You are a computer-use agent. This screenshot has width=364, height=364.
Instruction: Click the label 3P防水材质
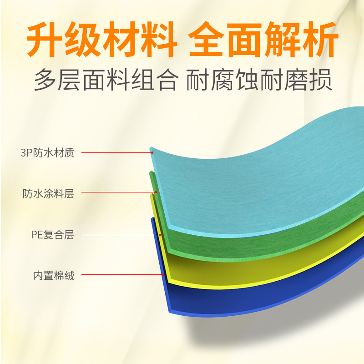47,153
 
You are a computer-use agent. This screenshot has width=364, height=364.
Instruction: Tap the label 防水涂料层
48,193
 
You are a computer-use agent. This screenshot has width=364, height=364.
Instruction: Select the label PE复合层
52,235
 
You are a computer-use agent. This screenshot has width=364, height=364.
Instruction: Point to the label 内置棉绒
54,275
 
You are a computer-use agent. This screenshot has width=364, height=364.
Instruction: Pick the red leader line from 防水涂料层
118,192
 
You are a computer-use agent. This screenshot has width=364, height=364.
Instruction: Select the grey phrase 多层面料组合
105,80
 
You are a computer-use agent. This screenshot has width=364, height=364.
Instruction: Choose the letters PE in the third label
36,235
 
